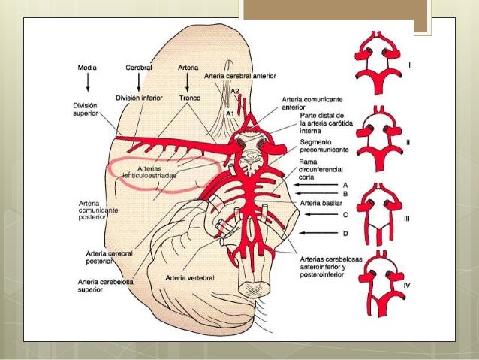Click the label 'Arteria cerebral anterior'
pos(240,76)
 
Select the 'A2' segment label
pos(235,91)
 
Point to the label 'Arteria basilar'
pos(321,203)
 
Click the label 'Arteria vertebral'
pos(190,277)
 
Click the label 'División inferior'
pos(140,98)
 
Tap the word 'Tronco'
pos(189,98)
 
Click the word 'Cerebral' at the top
pos(140,68)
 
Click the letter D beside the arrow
pos(345,234)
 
